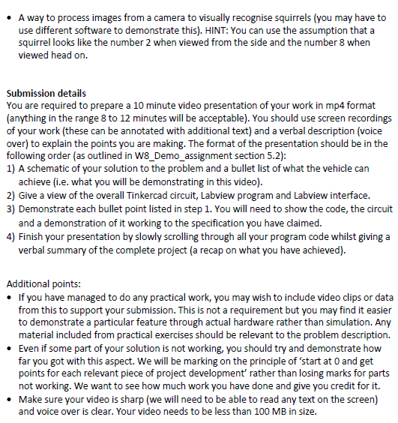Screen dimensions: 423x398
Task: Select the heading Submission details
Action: [x=46, y=93]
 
